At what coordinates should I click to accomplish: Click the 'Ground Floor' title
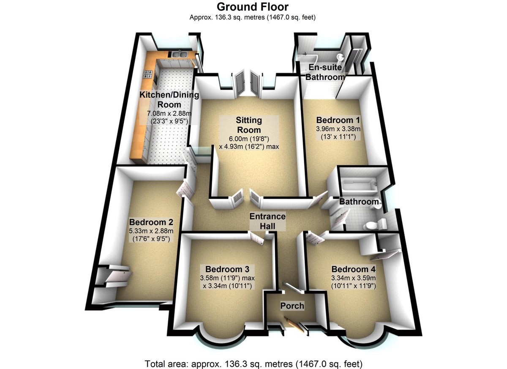pyautogui.click(x=253, y=7)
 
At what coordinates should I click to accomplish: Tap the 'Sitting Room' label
pyautogui.click(x=249, y=125)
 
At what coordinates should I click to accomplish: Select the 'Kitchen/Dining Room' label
pyautogui.click(x=169, y=99)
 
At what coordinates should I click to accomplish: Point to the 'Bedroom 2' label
pyautogui.click(x=151, y=222)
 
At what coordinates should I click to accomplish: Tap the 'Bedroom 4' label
pyautogui.click(x=354, y=269)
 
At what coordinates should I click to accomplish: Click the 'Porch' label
pyautogui.click(x=292, y=305)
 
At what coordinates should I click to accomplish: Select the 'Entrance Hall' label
pyautogui.click(x=267, y=221)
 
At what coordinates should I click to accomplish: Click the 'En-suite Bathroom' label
pyautogui.click(x=325, y=72)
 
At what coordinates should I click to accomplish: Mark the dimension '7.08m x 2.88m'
pyautogui.click(x=169, y=113)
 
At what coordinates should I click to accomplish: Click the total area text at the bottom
pyautogui.click(x=253, y=363)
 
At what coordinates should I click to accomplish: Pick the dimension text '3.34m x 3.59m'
pyautogui.click(x=354, y=279)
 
